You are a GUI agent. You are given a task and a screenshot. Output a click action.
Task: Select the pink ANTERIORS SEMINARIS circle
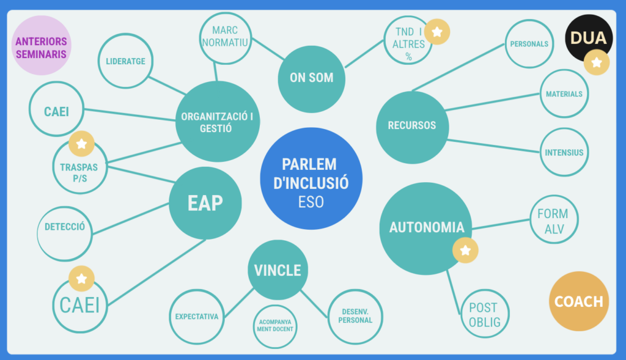point(42,45)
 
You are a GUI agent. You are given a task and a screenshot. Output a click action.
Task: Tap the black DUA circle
point(587,38)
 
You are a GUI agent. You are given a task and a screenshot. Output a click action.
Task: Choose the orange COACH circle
point(578,301)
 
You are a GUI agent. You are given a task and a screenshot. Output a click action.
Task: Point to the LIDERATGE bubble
point(125,61)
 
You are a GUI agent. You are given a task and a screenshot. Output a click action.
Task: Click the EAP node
point(205,204)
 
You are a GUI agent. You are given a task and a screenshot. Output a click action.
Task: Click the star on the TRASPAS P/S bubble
point(81,144)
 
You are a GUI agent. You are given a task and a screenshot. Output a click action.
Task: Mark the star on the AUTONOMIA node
point(465,250)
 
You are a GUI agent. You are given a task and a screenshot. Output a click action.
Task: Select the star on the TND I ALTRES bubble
point(436,32)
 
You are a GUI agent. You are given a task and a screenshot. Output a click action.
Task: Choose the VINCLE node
point(278,270)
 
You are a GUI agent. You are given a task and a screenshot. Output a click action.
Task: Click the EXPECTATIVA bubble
point(197,317)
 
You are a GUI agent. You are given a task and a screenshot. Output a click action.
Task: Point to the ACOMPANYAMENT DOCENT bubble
point(275,326)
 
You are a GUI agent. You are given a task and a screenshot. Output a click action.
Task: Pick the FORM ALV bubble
point(552,221)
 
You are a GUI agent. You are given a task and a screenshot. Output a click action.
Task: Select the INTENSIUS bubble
point(564,153)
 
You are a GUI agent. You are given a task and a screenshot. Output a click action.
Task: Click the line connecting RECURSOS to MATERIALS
point(492,102)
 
